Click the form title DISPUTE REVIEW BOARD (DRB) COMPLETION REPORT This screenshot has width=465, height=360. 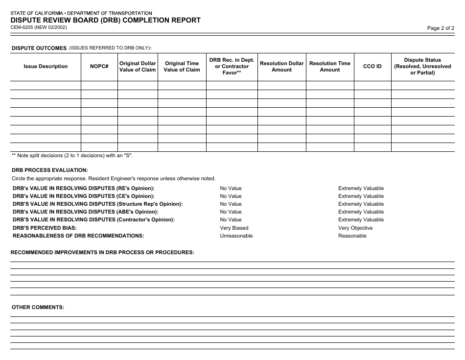[x=106, y=20]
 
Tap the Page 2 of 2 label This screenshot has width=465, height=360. [x=441, y=28]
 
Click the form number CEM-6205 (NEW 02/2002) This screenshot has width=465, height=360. [x=39, y=27]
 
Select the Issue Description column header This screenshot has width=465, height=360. [x=46, y=67]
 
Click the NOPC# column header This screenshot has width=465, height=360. [x=99, y=67]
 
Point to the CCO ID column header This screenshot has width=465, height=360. [x=372, y=67]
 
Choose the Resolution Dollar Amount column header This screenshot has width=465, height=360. [x=281, y=67]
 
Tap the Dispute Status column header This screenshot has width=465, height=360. [x=422, y=67]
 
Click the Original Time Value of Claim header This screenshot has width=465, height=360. [x=182, y=67]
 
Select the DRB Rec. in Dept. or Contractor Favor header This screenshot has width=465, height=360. [x=232, y=67]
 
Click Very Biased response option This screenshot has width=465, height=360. [x=234, y=228]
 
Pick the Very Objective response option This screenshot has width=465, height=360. [x=355, y=228]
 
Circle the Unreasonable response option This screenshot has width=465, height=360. [x=236, y=236]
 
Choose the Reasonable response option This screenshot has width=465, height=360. [x=352, y=236]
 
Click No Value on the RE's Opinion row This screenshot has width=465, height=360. [x=231, y=188]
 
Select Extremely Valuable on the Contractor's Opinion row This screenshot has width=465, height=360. [x=361, y=220]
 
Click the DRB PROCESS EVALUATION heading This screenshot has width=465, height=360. [x=50, y=170]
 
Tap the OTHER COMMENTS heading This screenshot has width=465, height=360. [x=38, y=307]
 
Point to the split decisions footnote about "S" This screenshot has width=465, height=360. [x=72, y=155]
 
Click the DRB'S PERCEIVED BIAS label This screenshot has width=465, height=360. [x=45, y=228]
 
